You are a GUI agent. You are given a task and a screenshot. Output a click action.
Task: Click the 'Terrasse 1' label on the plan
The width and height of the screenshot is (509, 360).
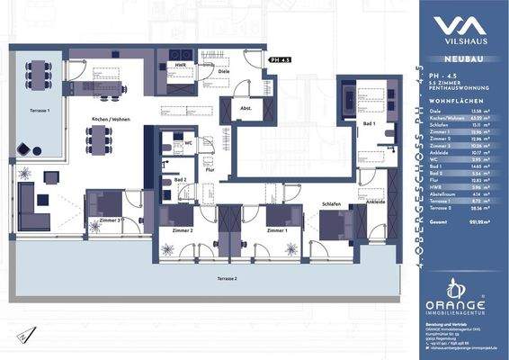[37, 110]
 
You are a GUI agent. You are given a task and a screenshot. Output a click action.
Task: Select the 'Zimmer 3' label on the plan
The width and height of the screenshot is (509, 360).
[110, 220]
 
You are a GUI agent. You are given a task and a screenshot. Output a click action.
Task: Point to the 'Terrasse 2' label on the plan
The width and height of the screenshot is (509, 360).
[226, 281]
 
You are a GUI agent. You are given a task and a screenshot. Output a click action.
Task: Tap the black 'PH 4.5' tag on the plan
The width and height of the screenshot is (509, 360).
[280, 58]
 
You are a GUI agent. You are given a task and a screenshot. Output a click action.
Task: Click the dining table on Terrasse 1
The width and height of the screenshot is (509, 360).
[37, 70]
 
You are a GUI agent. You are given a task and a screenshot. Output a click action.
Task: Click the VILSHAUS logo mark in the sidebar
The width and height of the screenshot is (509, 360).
[460, 24]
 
